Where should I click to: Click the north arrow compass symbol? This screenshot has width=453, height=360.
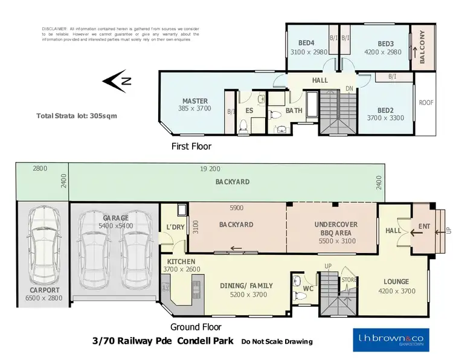click(x=115, y=81)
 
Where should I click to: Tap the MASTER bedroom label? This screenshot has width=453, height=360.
click(x=195, y=101)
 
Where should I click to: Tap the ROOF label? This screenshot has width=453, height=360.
click(x=426, y=103)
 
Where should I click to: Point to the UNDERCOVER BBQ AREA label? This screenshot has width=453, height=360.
click(x=336, y=228)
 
